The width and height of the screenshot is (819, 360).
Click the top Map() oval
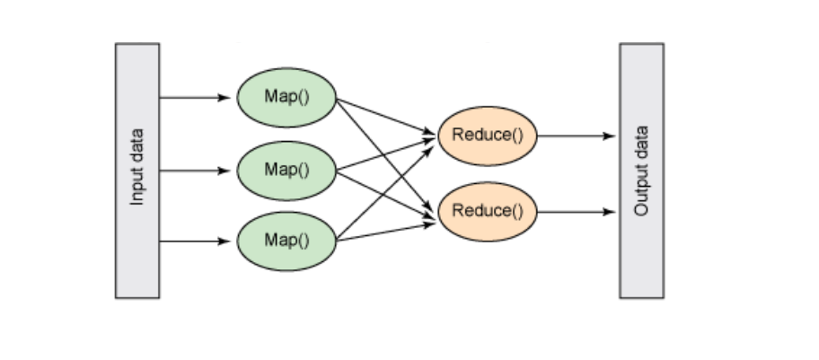(286, 97)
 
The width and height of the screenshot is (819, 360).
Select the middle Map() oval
(286, 170)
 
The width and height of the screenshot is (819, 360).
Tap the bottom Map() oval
(286, 241)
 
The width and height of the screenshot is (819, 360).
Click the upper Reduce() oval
(487, 136)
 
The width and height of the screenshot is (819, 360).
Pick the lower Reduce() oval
(487, 212)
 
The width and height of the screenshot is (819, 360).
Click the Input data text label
(137, 170)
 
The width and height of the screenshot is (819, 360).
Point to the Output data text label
(641, 170)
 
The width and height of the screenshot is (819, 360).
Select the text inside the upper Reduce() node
(487, 136)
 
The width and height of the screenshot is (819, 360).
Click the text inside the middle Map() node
(286, 170)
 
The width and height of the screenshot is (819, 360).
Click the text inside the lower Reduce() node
(487, 212)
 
